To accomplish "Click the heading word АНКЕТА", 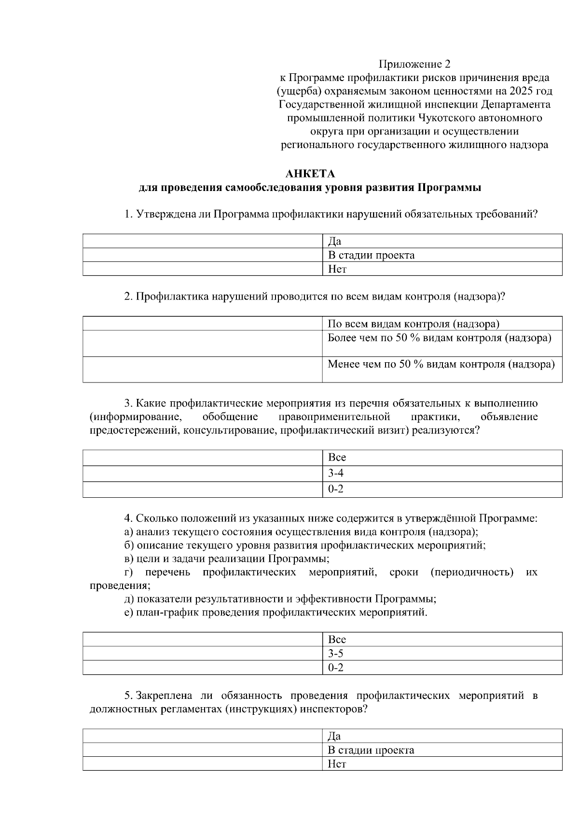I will pyautogui.click(x=310, y=174).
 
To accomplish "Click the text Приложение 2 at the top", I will pyautogui.click(x=414, y=64).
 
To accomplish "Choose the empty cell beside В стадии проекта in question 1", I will pyautogui.click(x=203, y=255).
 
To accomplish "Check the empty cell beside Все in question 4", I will pyautogui.click(x=203, y=640).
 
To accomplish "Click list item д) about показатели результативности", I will pyautogui.click(x=280, y=599).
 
